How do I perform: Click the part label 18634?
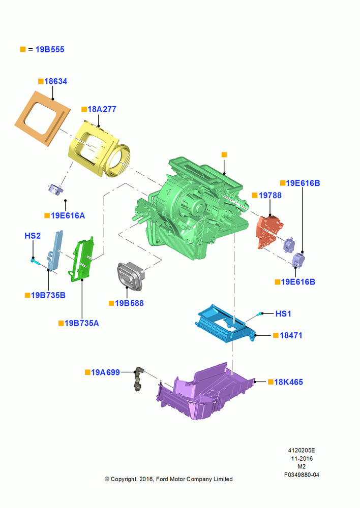coord(56,81)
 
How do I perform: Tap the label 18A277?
coord(102,109)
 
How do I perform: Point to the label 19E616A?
coord(68,215)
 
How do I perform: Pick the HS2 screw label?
coord(33,236)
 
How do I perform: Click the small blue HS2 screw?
coord(35,261)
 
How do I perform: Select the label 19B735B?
coord(48,295)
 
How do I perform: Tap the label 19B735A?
coord(82,323)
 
